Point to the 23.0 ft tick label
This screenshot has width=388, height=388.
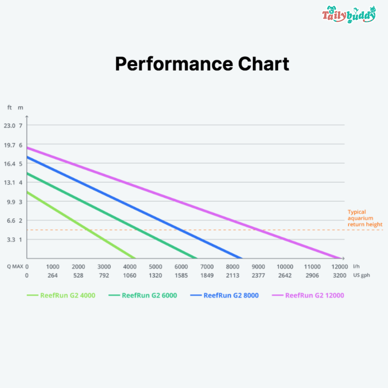click(x=10, y=125)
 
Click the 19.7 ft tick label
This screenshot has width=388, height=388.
click(x=10, y=145)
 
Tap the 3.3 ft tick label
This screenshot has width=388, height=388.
click(x=11, y=239)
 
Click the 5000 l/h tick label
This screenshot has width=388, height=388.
click(x=156, y=267)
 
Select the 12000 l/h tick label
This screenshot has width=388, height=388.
click(x=339, y=267)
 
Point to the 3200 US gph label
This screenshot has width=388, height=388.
click(x=339, y=276)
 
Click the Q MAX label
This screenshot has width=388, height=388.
click(x=15, y=267)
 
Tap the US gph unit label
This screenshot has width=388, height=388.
click(x=361, y=276)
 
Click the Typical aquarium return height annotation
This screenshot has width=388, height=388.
click(x=365, y=218)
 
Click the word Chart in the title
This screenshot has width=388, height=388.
click(x=264, y=64)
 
